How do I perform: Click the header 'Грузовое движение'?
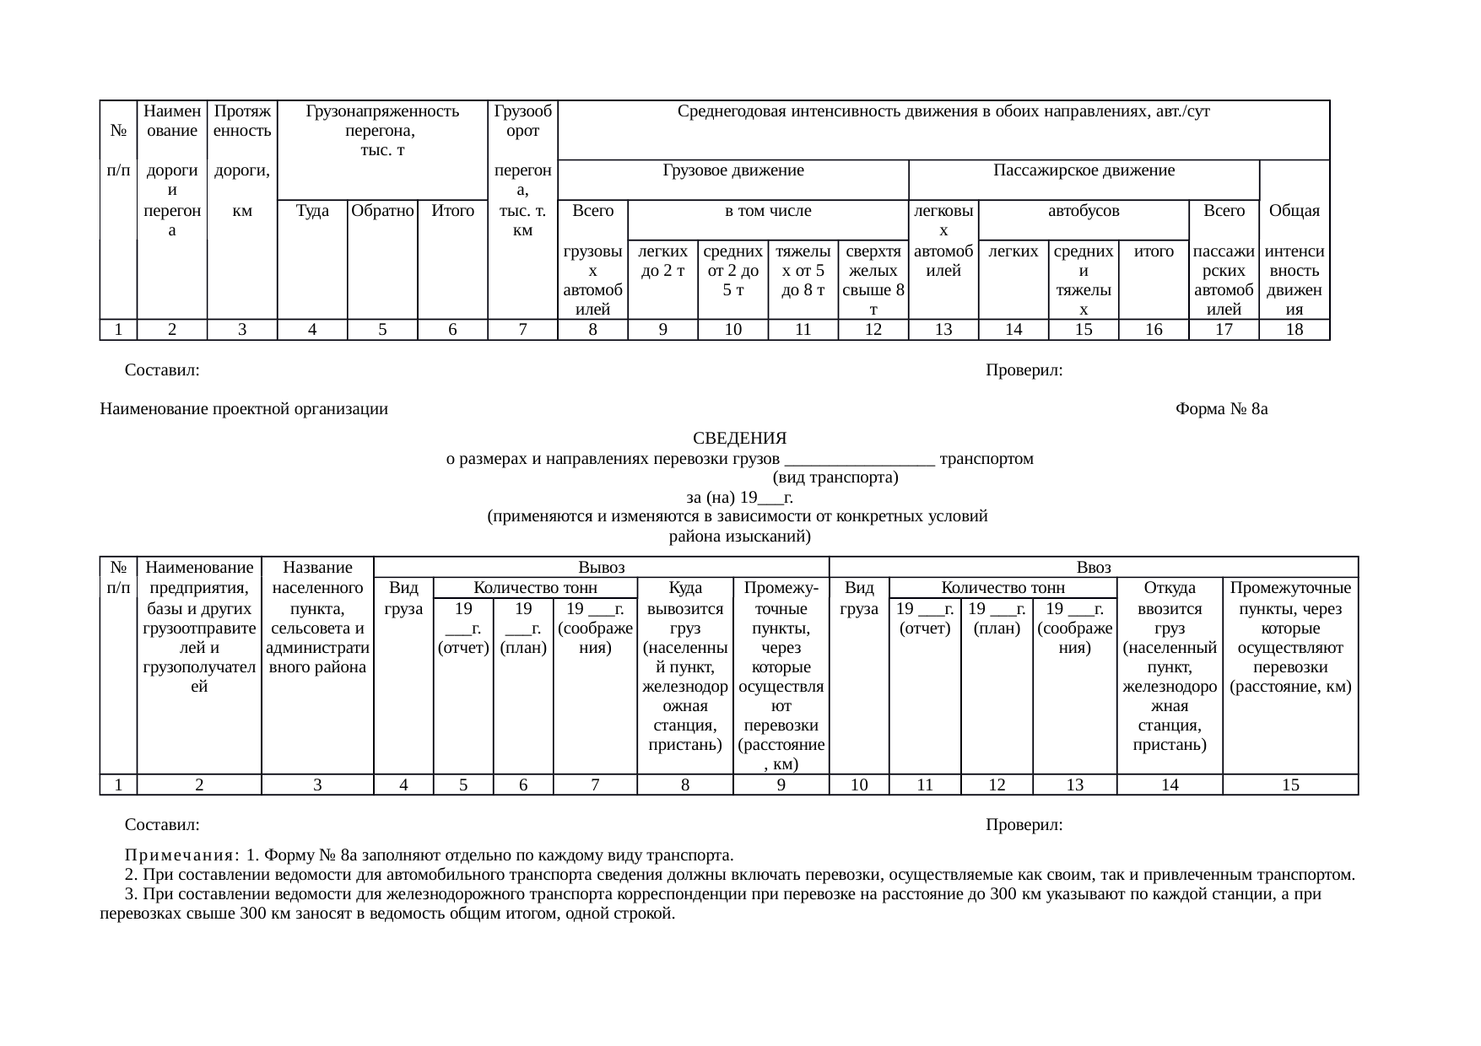pyautogui.click(x=732, y=171)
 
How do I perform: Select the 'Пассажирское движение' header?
pyautogui.click(x=1084, y=171)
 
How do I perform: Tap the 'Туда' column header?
pyautogui.click(x=312, y=211)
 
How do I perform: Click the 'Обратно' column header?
pyautogui.click(x=382, y=211)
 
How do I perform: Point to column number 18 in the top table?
pyautogui.click(x=1294, y=330)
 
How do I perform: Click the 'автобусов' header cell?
pyautogui.click(x=1084, y=211)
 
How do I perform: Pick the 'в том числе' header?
pyautogui.click(x=768, y=211)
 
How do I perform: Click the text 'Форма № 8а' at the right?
pyautogui.click(x=1222, y=410)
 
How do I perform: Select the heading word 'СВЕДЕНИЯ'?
pyautogui.click(x=739, y=439)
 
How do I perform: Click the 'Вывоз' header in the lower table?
pyautogui.click(x=601, y=568)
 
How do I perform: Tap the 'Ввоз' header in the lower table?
pyautogui.click(x=1094, y=568)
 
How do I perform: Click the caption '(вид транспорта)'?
pyautogui.click(x=835, y=478)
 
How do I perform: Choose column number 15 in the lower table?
pyautogui.click(x=1290, y=785)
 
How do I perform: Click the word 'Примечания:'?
pyautogui.click(x=181, y=854)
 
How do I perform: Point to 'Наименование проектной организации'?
pyautogui.click(x=244, y=410)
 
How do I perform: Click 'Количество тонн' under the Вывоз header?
pyautogui.click(x=535, y=588)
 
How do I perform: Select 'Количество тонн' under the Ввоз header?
pyautogui.click(x=1003, y=588)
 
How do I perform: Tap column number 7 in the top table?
pyautogui.click(x=522, y=330)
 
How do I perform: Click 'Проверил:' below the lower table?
pyautogui.click(x=1024, y=824)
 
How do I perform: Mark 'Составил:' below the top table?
pyautogui.click(x=162, y=370)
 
